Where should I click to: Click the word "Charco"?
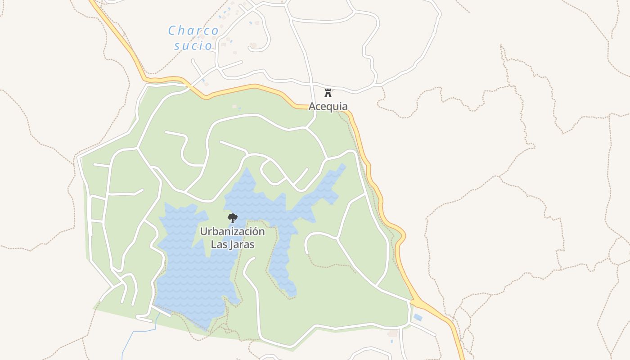tap(193, 31)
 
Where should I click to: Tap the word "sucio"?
tap(193, 45)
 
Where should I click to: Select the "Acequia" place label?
tap(328, 107)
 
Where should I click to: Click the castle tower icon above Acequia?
tap(328, 93)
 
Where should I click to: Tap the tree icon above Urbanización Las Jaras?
tap(233, 219)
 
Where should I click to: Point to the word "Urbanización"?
tap(232, 232)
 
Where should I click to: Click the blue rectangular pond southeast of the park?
tap(418, 317)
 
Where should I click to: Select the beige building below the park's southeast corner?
tap(393, 333)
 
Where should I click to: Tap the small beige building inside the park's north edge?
tap(234, 107)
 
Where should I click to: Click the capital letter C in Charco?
tap(172, 31)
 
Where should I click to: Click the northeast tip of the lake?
tap(344, 165)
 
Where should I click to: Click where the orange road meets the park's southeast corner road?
tap(412, 301)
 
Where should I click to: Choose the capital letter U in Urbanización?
tap(203, 232)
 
